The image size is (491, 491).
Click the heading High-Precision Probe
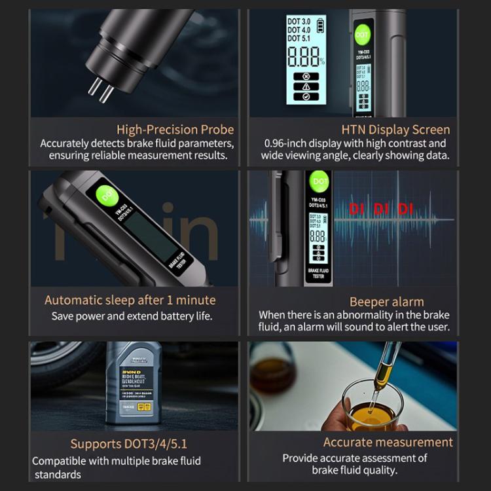click(x=175, y=130)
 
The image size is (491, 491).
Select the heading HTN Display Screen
click(x=395, y=130)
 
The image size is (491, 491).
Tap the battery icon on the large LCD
click(x=321, y=26)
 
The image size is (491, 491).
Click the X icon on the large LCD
click(x=306, y=76)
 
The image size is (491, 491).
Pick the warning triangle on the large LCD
click(x=306, y=86)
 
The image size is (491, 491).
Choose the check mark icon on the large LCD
click(x=306, y=97)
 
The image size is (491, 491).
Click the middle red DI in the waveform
click(x=381, y=209)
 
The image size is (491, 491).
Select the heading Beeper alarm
click(x=386, y=302)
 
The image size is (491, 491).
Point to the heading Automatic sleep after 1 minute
click(x=130, y=300)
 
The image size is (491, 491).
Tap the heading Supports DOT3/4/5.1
click(x=124, y=444)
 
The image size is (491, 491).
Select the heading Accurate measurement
click(x=388, y=443)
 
